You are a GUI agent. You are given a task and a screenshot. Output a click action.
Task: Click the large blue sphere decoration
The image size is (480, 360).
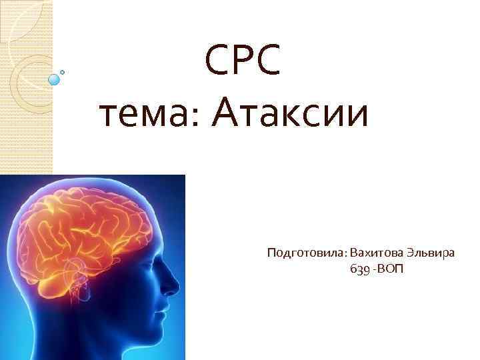pyautogui.click(x=55, y=79)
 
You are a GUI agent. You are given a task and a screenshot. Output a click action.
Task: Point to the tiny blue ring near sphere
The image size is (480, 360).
pyautogui.click(x=63, y=71)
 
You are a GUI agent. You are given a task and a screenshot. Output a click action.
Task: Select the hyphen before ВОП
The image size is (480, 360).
pyautogui.click(x=375, y=269)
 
